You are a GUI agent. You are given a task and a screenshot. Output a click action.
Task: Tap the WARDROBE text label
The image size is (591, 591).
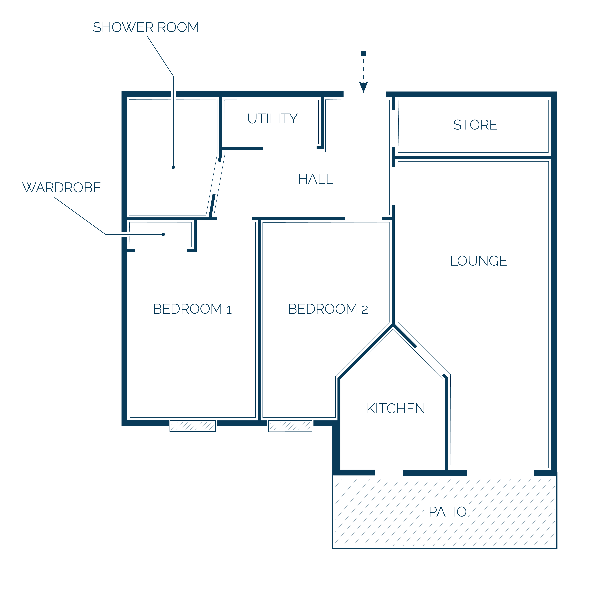click(62, 187)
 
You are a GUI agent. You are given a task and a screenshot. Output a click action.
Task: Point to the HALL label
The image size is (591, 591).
click(316, 179)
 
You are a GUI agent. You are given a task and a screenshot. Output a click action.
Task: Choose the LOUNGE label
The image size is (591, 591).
click(478, 261)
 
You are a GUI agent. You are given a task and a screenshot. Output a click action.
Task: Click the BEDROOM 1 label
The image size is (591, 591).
click(192, 309)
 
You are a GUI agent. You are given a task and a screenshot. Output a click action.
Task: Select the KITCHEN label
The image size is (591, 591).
click(396, 409)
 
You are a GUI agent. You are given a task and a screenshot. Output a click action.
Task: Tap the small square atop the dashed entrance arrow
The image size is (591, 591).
click(363, 53)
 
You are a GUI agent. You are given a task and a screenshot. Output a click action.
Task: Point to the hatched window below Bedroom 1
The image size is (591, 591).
click(193, 426)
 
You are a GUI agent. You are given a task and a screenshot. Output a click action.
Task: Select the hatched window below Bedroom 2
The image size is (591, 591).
click(290, 426)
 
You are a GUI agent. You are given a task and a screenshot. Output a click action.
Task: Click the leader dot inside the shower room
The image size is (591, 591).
click(173, 167)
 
